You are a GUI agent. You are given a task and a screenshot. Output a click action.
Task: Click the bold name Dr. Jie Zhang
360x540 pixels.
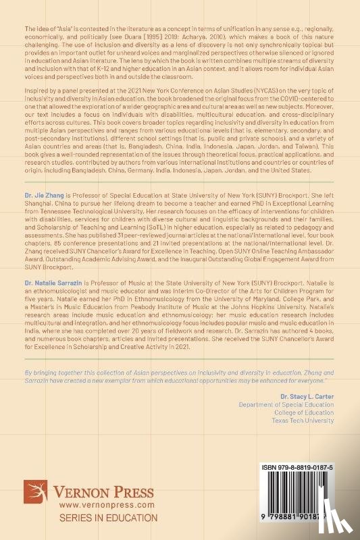[45, 192]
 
